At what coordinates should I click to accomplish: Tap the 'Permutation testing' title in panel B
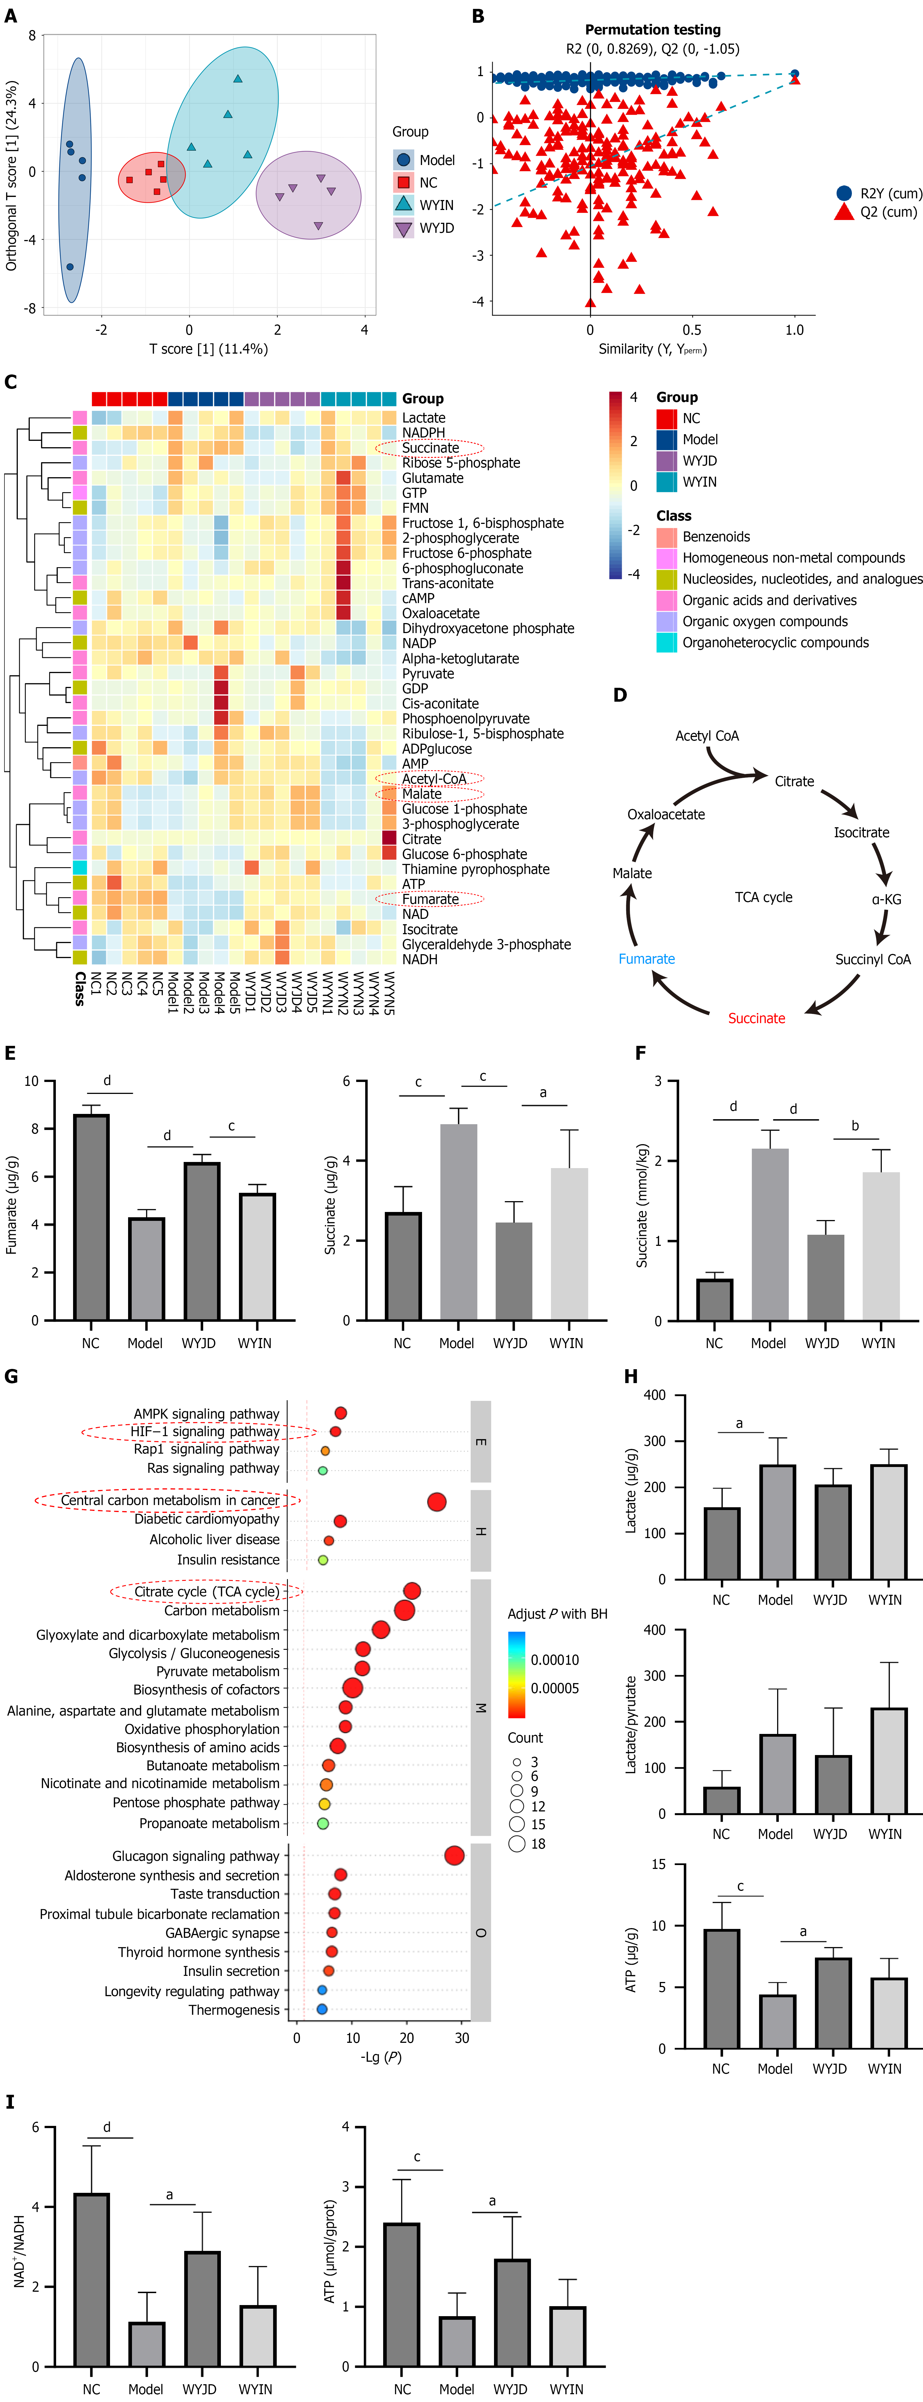653,30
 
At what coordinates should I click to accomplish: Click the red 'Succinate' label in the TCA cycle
756,1018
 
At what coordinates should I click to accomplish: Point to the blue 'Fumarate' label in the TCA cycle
646,959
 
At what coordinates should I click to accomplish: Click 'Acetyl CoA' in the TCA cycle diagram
707,736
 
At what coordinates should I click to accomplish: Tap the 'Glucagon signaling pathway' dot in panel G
454,1856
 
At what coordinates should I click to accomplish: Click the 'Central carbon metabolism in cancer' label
169,1500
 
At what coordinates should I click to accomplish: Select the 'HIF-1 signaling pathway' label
204,1431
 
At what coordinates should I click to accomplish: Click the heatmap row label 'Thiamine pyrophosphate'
475,869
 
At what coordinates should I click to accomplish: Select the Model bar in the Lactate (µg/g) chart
776,1522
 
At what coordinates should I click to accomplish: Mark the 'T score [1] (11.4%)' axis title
209,349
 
